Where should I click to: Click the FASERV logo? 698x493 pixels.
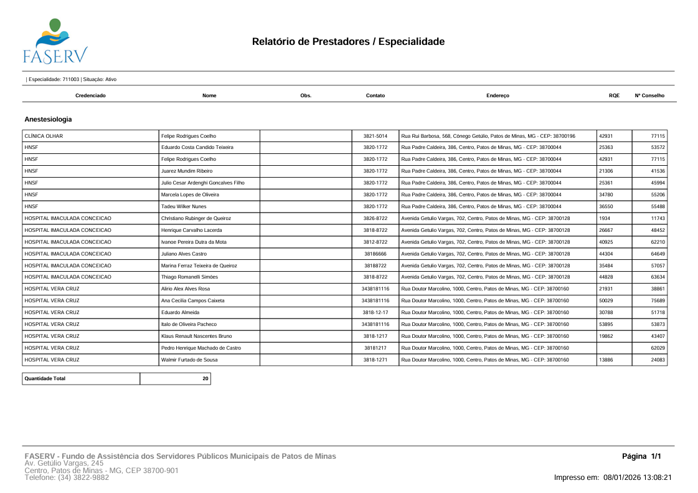pos(55,41)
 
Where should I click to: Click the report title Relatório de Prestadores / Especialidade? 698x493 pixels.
pos(348,42)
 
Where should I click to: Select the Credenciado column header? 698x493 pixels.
pos(90,95)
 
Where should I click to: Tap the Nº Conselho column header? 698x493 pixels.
pos(649,95)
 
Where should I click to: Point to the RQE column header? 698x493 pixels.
pos(614,95)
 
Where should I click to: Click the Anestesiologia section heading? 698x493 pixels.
pos(48,118)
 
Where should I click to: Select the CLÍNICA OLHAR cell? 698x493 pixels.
pos(44,136)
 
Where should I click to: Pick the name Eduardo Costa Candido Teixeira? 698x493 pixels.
pos(197,148)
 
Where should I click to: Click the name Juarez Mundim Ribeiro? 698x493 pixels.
pos(187,171)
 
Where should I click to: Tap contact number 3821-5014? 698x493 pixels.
pos(375,136)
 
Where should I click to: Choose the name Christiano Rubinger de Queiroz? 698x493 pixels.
pos(196,218)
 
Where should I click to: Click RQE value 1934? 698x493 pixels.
pos(604,218)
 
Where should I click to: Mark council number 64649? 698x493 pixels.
pos(658,254)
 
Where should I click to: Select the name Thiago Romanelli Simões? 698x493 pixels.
pos(190,277)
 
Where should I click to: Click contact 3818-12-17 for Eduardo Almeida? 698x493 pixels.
pos(375,312)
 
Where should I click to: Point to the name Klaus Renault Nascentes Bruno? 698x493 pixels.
pos(196,336)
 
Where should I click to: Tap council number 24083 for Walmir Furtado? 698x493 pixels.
pos(658,360)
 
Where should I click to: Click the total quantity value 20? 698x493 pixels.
pos(205,378)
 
